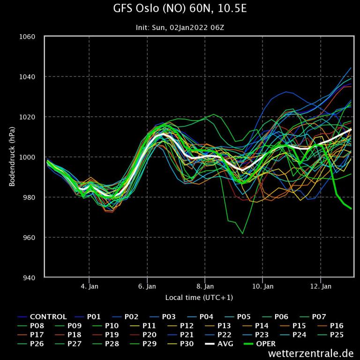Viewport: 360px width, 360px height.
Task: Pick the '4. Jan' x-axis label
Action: coord(89,286)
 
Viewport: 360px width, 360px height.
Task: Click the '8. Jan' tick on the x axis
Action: coord(205,286)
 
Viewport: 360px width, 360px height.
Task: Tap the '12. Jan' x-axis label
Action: coord(322,286)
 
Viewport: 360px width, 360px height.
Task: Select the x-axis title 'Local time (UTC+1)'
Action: coord(199,298)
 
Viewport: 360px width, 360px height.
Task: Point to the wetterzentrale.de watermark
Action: coord(311,353)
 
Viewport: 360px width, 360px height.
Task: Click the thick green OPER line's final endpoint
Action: coord(352,209)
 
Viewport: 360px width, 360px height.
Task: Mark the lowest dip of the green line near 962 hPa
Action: coord(242,233)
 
